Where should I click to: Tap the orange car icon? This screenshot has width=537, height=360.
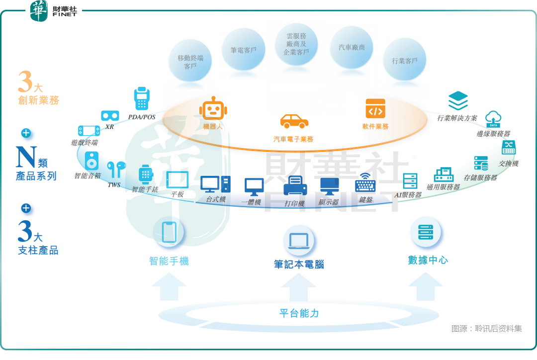coord(294,121)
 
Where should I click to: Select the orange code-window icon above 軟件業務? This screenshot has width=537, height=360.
coord(375,108)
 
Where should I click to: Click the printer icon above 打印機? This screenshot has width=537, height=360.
coord(295,186)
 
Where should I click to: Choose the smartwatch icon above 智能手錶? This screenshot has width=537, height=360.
coord(145,174)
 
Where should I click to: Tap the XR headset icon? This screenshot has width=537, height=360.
coord(110,116)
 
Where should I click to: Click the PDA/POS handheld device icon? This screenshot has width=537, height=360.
coord(142,99)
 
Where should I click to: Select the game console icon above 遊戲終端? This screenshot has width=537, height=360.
coord(89,131)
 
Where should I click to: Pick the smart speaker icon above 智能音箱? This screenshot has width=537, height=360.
coord(91,161)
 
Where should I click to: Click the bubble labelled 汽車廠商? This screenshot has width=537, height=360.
coord(352,48)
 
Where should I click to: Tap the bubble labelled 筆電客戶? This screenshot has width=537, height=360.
coord(243,50)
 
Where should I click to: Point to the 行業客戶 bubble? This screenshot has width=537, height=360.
coord(405,60)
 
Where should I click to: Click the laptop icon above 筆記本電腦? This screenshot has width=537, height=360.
coord(299,241)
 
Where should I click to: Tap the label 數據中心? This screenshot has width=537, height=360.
coord(428,260)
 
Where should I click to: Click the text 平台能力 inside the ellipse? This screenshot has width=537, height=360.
coord(299,313)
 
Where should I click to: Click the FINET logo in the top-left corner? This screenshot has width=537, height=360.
coord(54,11)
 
